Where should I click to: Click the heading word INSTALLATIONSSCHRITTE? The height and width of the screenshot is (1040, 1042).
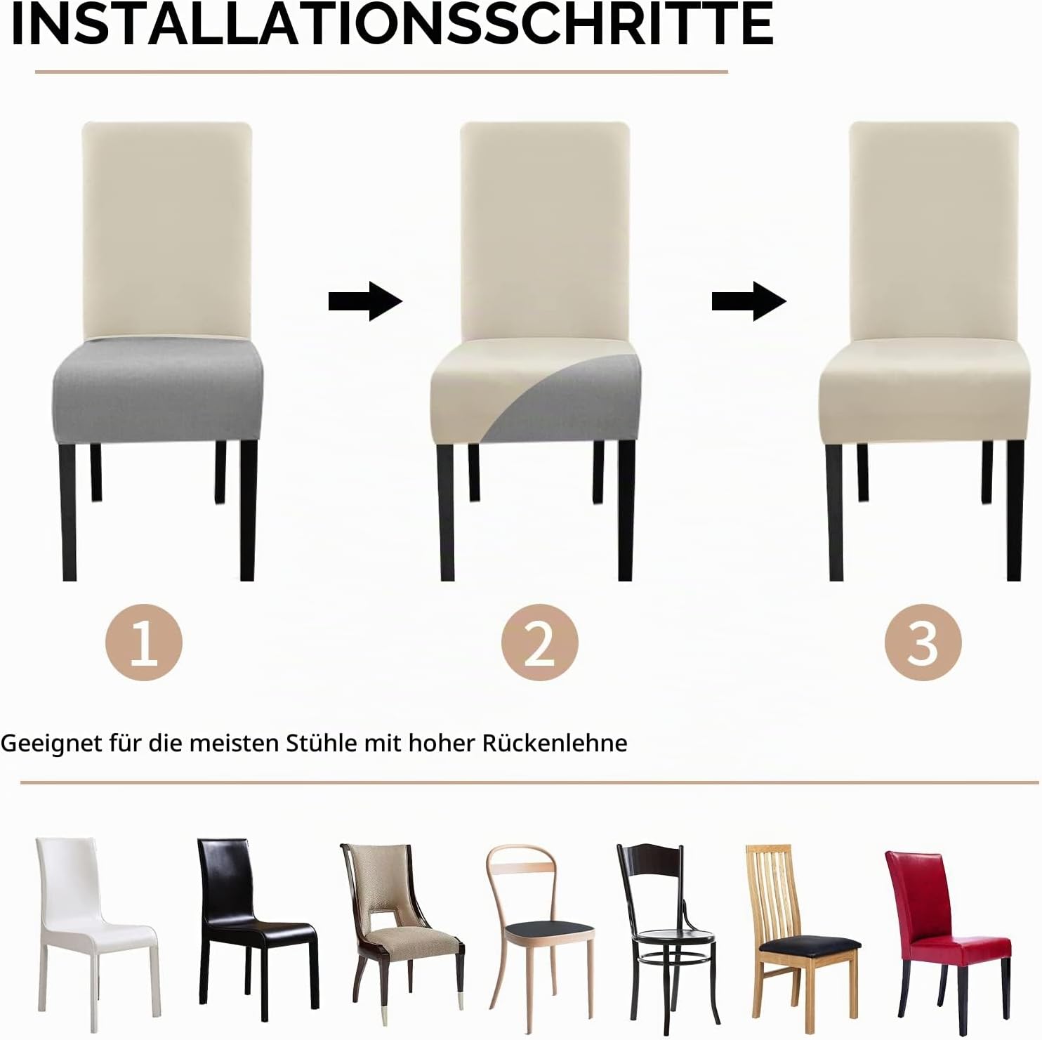pos(393,25)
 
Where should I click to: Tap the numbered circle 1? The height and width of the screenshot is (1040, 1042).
pos(144,643)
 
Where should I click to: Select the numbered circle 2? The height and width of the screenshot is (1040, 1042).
pos(539,643)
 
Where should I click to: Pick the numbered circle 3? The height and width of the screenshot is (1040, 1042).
pos(923,643)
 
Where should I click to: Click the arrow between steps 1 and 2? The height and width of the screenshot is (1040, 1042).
pos(365,301)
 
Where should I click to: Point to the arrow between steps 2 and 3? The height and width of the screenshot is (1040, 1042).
pos(748,301)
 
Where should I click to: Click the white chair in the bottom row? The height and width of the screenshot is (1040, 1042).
pos(95,920)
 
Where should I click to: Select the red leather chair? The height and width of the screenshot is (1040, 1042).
pos(948,927)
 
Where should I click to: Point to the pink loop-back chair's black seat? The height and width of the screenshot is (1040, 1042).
pos(550,932)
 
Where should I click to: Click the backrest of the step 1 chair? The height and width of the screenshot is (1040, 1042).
pos(167,228)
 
